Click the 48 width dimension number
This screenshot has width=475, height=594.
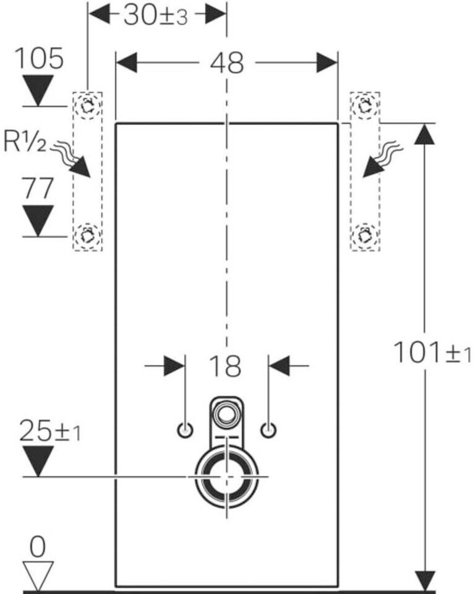[x=227, y=63]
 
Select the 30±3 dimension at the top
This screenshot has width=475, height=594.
[x=156, y=16]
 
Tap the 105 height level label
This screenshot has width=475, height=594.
[x=38, y=58]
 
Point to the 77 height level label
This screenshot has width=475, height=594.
[x=38, y=188]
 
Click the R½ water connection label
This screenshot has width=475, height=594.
[x=24, y=140]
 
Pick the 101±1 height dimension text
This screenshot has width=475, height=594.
[x=432, y=353]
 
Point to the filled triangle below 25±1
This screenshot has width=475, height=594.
[x=38, y=461]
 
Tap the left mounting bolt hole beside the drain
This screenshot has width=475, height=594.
[x=185, y=431]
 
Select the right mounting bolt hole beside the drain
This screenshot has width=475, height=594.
[x=268, y=431]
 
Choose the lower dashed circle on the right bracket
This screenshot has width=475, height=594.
[x=364, y=225]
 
